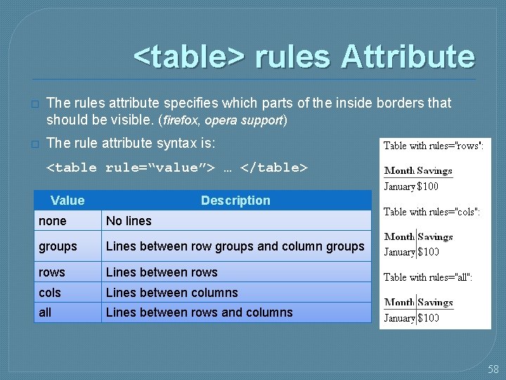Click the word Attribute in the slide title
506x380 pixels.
(408, 57)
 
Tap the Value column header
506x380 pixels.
(67, 201)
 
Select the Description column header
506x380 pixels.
(235, 201)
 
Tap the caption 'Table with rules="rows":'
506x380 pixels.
(434, 146)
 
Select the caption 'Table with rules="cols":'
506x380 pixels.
(432, 212)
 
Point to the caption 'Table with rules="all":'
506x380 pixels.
(428, 277)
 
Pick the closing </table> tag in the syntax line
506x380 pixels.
(274, 167)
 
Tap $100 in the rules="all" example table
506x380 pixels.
(428, 318)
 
